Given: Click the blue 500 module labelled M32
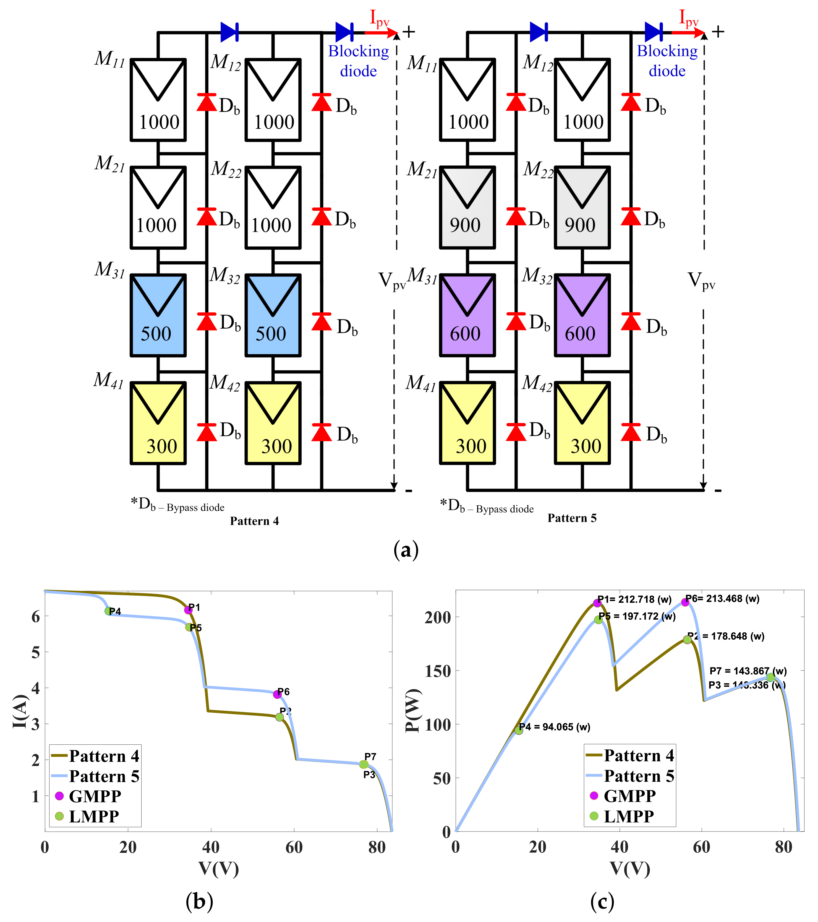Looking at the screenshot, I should tap(273, 315).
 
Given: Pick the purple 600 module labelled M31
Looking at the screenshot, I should tap(467, 315).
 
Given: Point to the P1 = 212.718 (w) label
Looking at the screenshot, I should tap(634, 599).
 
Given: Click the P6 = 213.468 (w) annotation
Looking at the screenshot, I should tap(722, 599).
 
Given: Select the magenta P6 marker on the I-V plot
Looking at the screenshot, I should tap(277, 694).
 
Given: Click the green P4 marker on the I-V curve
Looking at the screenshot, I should tap(108, 611).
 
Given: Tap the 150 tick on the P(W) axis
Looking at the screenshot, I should tap(438, 671).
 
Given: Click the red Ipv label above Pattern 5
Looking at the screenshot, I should tap(689, 19).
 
